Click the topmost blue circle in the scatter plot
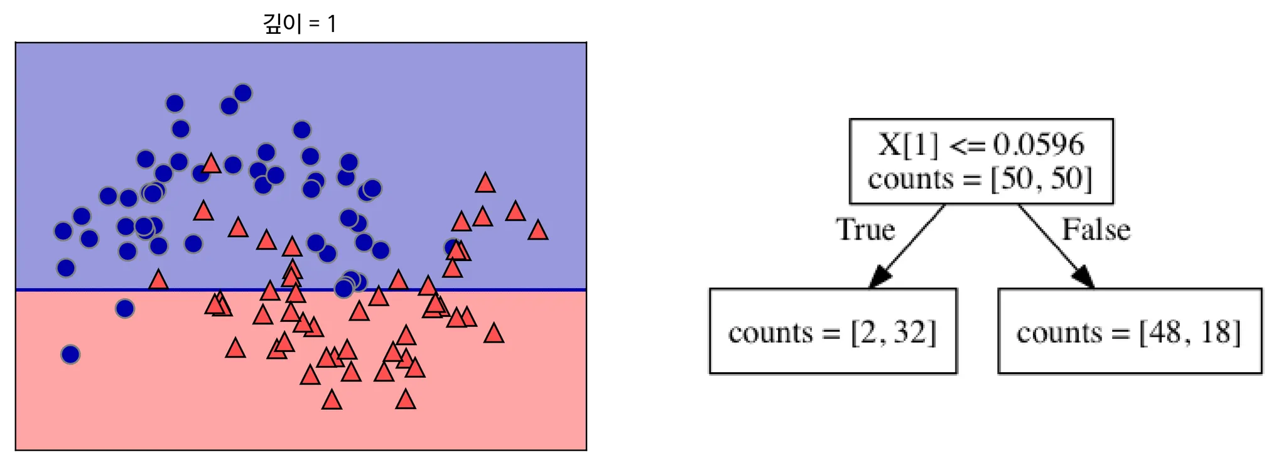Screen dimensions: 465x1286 pyautogui.click(x=243, y=94)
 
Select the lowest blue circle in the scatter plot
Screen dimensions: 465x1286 pyautogui.click(x=70, y=355)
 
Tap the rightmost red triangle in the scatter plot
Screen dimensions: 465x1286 pyautogui.click(x=538, y=231)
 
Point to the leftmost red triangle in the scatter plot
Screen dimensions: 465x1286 pyautogui.click(x=158, y=280)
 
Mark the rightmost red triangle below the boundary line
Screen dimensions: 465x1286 pyautogui.click(x=494, y=333)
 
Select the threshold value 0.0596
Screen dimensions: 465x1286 pyautogui.click(x=1039, y=145)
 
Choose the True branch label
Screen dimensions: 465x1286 pyautogui.click(x=865, y=230)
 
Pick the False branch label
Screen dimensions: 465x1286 pyautogui.click(x=1096, y=230)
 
